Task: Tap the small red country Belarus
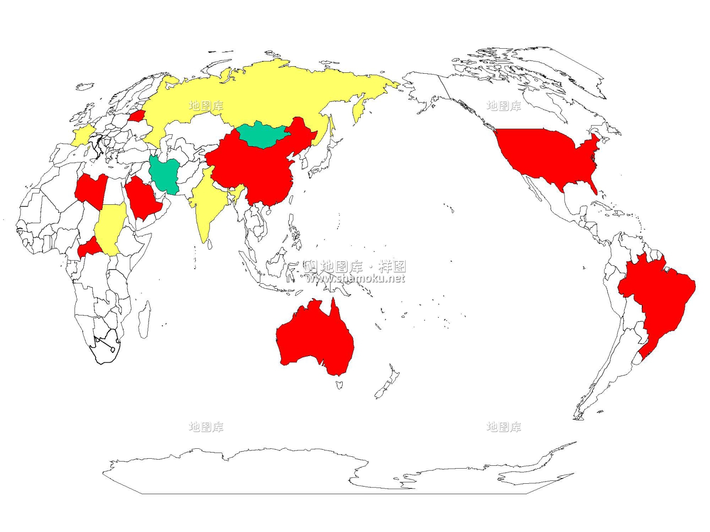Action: (137, 116)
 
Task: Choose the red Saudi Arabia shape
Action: (142, 199)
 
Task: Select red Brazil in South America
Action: (658, 293)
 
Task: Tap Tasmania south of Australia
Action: (339, 385)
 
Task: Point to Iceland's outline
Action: (85, 87)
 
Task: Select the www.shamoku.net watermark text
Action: (355, 278)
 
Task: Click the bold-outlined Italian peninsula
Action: (98, 144)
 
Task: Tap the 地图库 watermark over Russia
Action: (206, 105)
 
